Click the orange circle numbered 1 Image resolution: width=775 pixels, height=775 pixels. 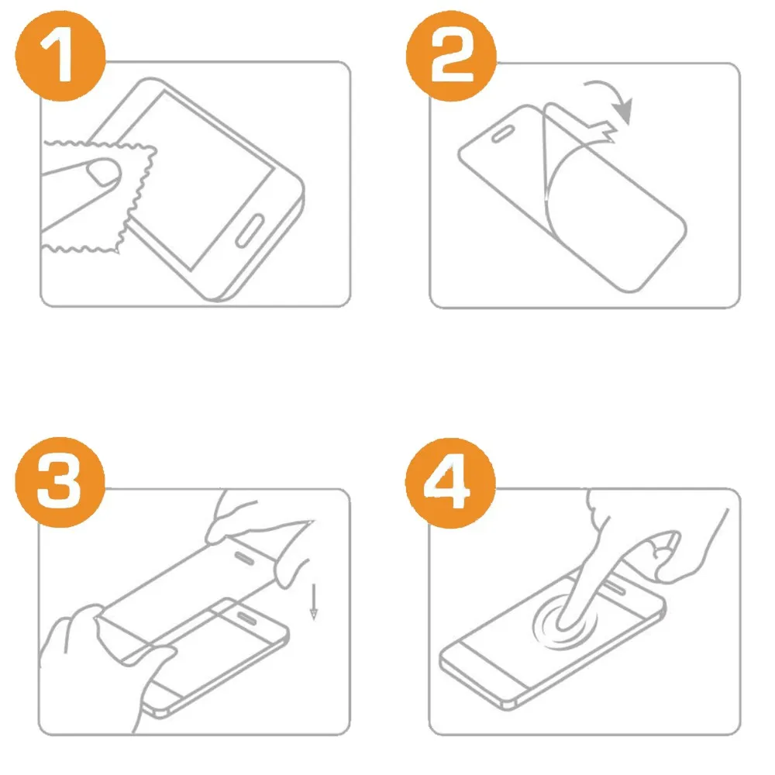60,56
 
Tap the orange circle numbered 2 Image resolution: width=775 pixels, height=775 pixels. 451,56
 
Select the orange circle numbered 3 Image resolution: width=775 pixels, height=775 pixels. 60,482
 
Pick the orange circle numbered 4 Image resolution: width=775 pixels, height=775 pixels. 450,482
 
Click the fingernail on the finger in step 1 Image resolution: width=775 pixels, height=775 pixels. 104,171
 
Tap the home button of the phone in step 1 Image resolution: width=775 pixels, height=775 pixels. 250,230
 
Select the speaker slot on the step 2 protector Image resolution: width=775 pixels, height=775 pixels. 504,134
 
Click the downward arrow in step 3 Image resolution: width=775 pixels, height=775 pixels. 313,601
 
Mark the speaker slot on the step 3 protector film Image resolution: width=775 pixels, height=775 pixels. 243,559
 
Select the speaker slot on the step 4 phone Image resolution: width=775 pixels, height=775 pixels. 615,587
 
